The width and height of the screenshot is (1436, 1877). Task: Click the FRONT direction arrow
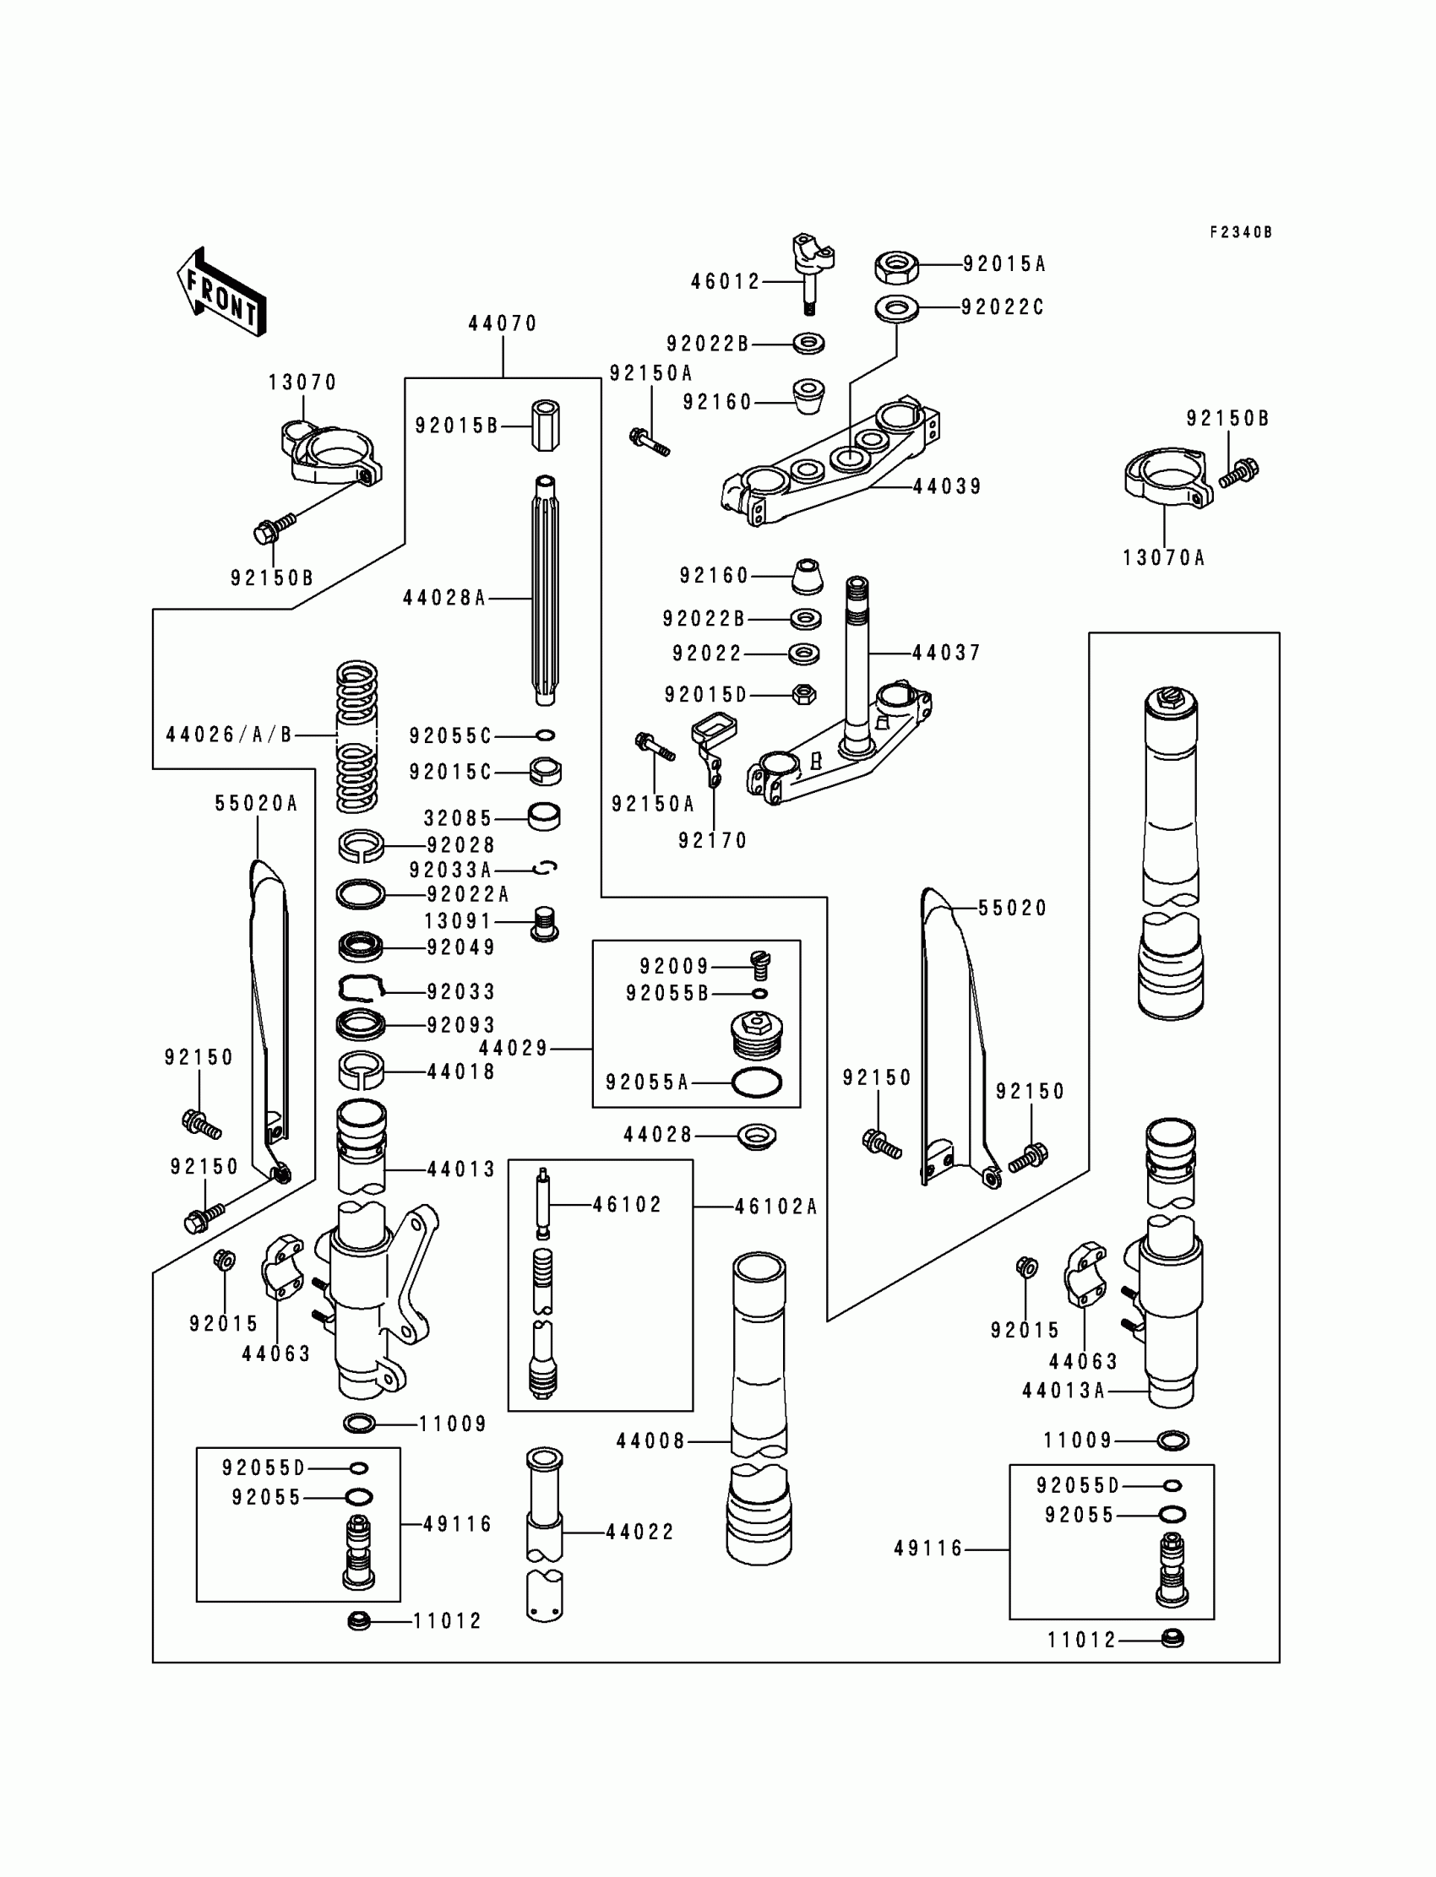222,291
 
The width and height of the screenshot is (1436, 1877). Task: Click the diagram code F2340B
1240,232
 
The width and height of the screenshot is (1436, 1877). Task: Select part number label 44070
503,323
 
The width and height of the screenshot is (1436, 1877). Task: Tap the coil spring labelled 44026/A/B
356,736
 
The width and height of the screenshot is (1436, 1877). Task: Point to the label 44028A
444,598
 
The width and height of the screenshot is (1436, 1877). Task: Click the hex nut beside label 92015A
896,267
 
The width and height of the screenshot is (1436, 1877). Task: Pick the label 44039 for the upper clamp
947,487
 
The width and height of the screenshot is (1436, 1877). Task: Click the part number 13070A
1163,558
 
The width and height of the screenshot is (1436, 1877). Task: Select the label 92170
713,841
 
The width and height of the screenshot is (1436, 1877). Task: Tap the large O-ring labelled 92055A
757,1082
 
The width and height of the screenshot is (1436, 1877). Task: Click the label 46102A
776,1207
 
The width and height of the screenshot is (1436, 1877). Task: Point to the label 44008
650,1441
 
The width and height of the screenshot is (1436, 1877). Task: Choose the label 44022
640,1532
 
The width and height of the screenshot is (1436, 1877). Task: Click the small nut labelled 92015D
803,694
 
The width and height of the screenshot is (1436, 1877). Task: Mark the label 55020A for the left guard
257,803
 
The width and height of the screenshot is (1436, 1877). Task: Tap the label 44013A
1064,1391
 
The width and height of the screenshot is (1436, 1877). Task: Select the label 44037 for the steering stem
946,653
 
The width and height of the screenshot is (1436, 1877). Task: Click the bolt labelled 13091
545,924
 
